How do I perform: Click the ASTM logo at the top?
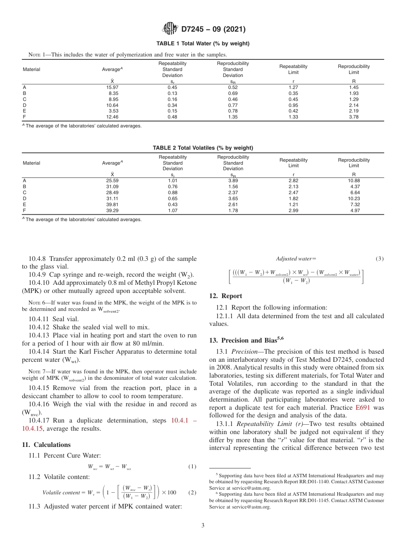(171, 30)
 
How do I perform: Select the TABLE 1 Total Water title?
(203, 44)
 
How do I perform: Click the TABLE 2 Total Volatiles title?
(203, 148)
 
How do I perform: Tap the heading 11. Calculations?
(46, 445)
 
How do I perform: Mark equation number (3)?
(380, 258)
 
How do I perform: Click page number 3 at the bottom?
(203, 525)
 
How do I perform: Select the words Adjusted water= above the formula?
(296, 258)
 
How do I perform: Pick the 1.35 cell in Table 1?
(233, 117)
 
